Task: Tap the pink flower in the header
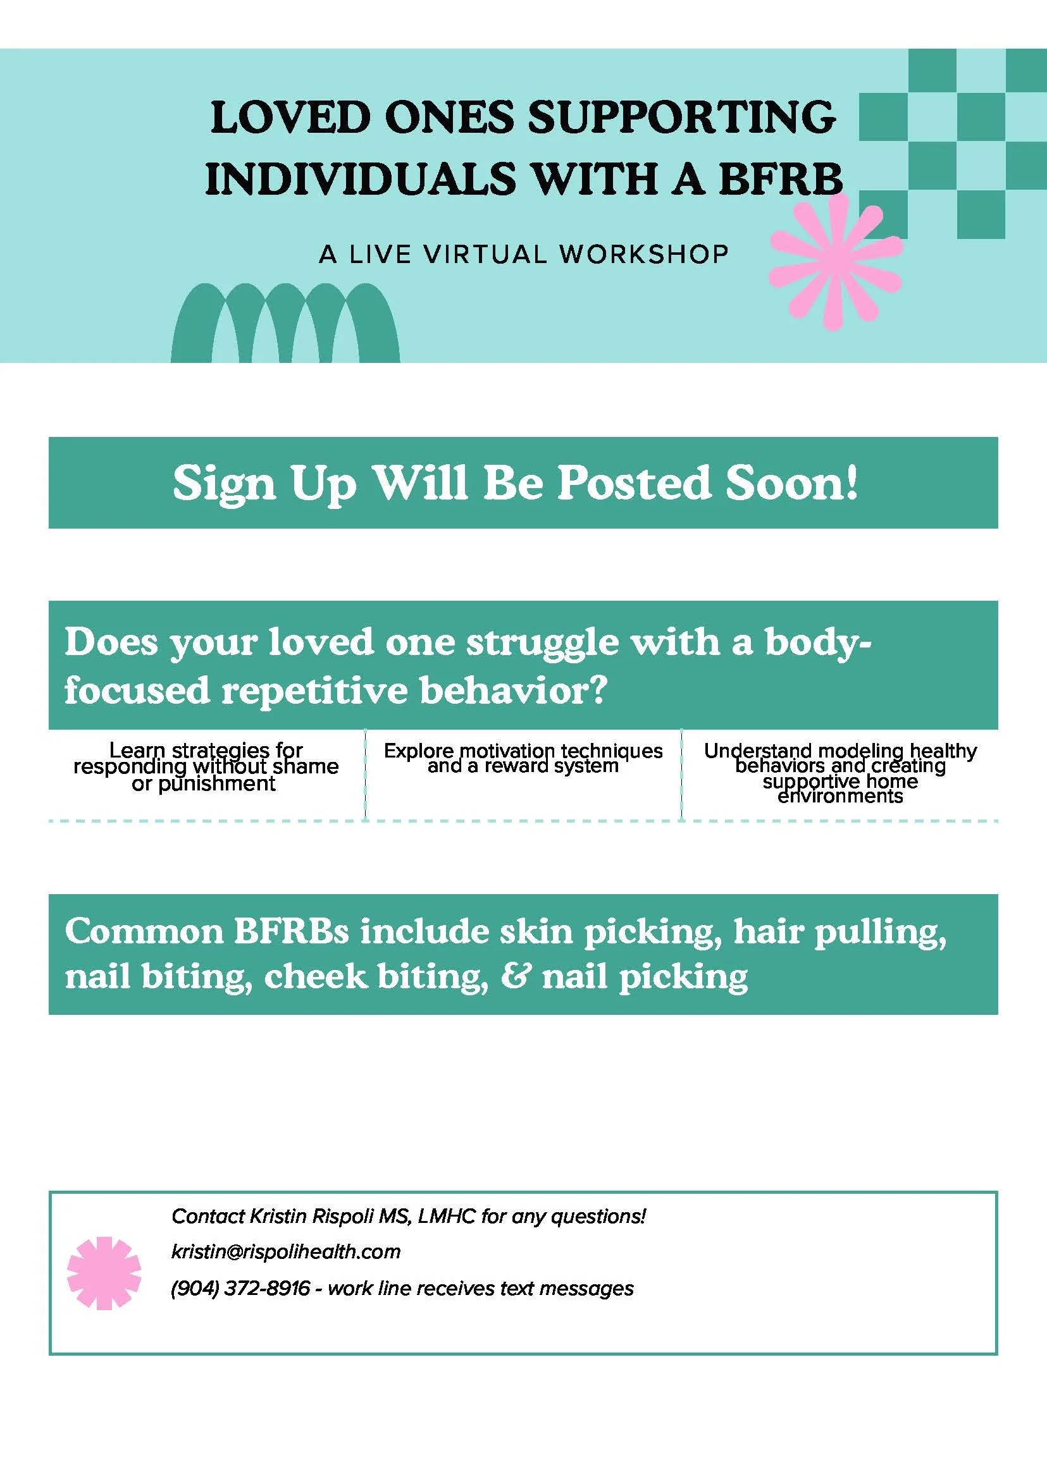pyautogui.click(x=836, y=262)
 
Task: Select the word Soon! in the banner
pyautogui.click(x=792, y=482)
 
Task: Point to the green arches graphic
pyautogui.click(x=285, y=324)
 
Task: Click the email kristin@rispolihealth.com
pyautogui.click(x=285, y=1252)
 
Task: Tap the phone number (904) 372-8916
pyautogui.click(x=240, y=1289)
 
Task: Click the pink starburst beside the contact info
pyautogui.click(x=104, y=1273)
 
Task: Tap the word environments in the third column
pyautogui.click(x=840, y=797)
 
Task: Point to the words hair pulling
pyautogui.click(x=840, y=933)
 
